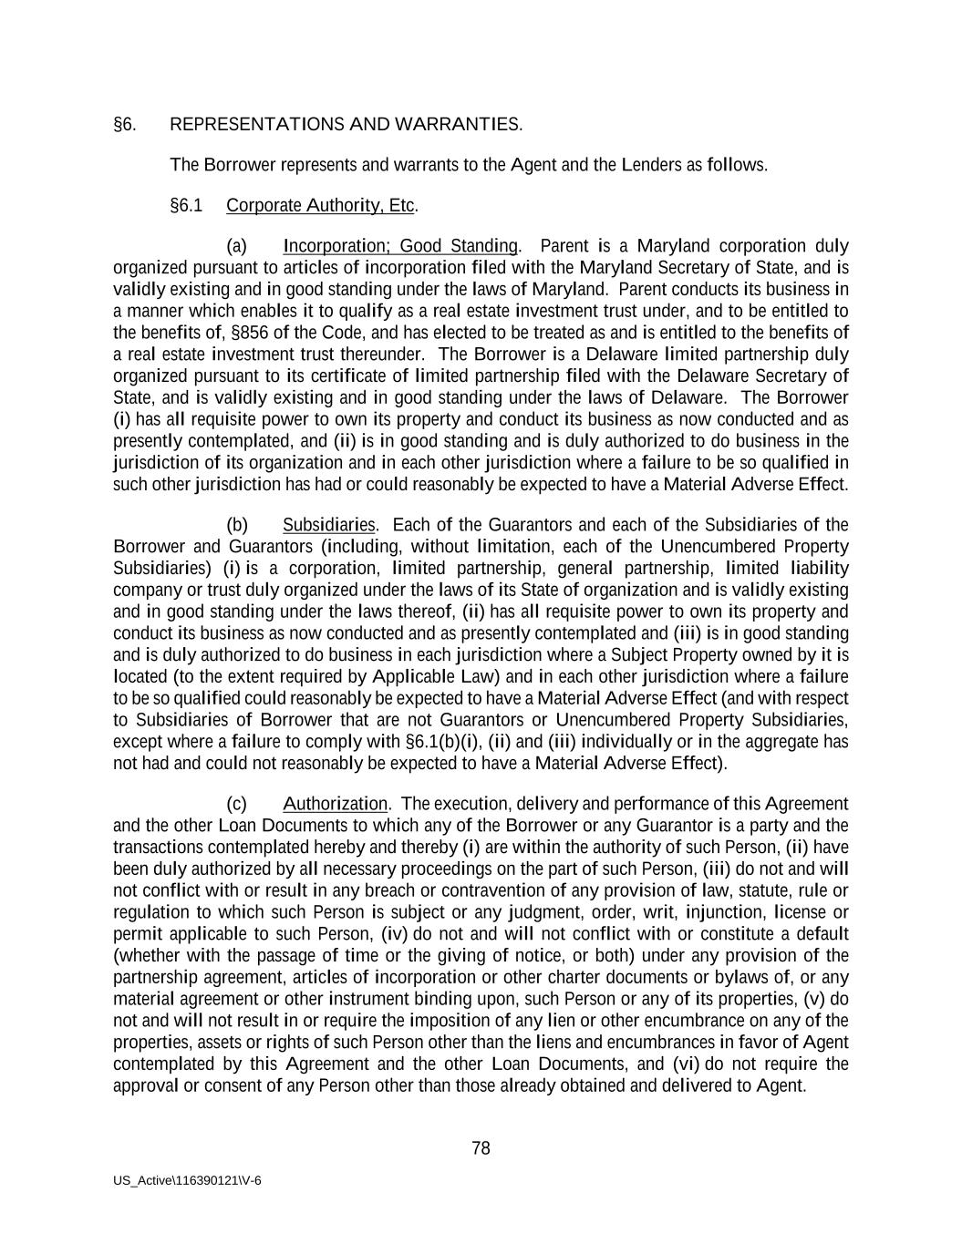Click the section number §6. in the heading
click(125, 125)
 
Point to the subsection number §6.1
click(186, 206)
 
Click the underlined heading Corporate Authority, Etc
click(320, 206)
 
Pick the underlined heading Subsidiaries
click(328, 526)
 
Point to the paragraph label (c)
click(236, 805)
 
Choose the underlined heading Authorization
click(335, 805)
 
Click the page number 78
click(481, 1149)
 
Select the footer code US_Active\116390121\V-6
click(187, 1181)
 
